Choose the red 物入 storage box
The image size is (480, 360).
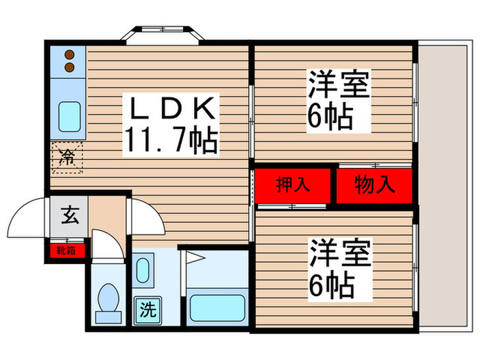coord(374,184)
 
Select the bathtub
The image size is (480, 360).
coord(217,312)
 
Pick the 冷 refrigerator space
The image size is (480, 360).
coord(67,157)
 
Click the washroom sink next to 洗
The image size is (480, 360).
coord(144,269)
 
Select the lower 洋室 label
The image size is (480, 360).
coord(339,254)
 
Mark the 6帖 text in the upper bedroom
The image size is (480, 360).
coord(331,119)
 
